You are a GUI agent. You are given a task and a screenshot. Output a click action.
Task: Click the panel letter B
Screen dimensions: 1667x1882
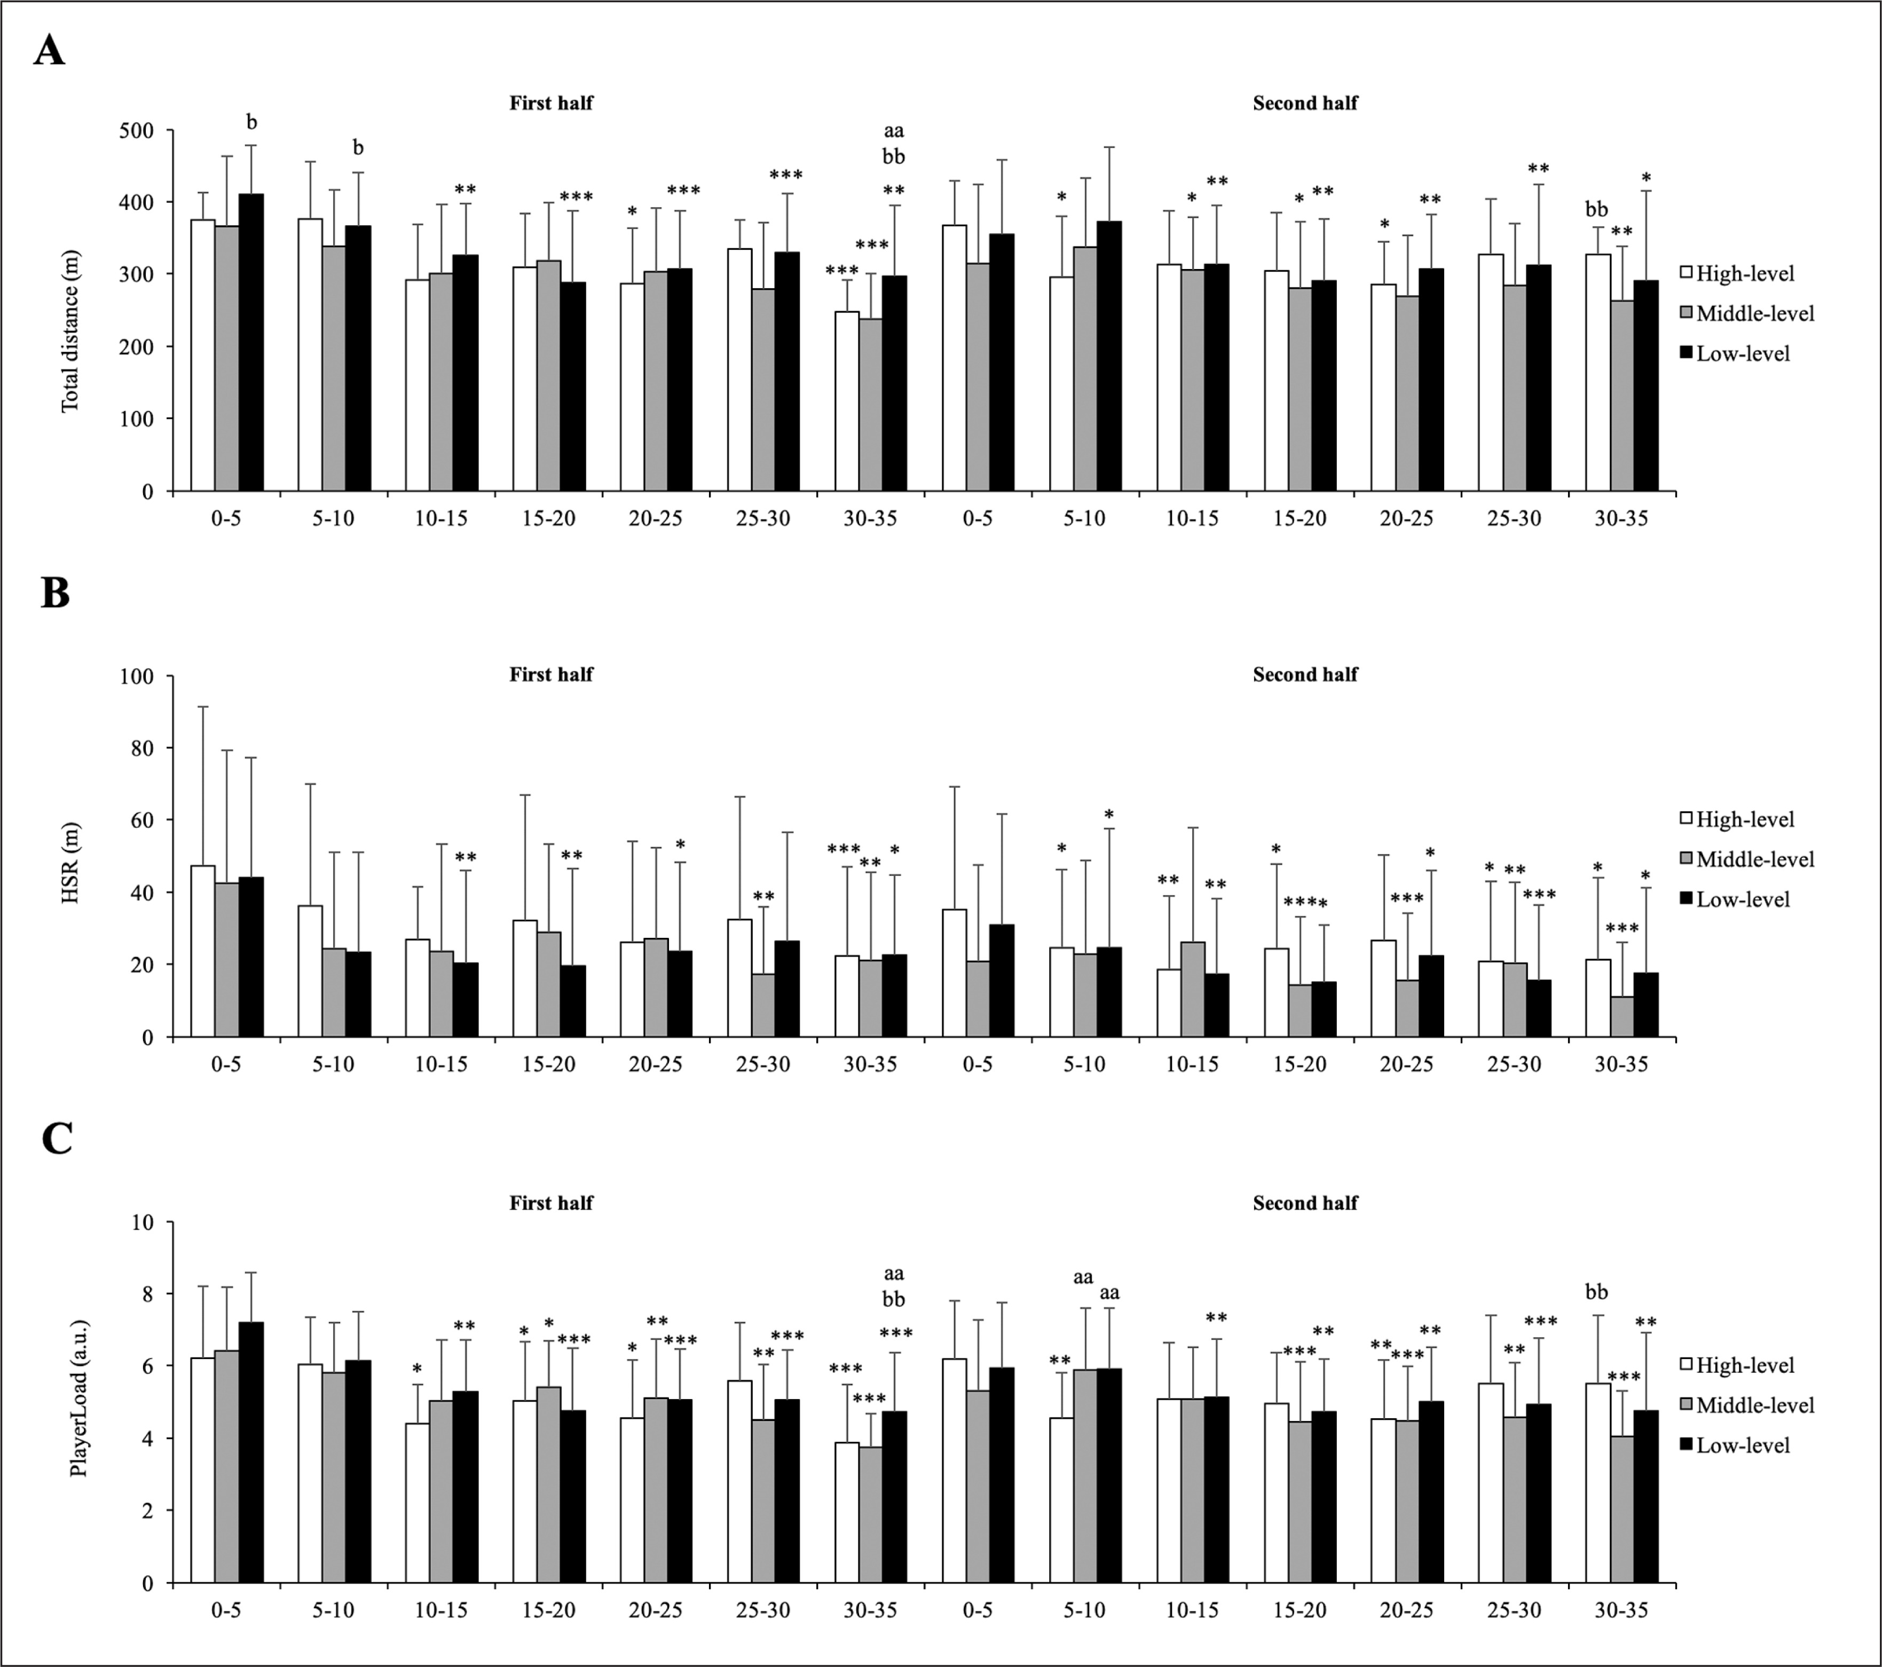point(55,594)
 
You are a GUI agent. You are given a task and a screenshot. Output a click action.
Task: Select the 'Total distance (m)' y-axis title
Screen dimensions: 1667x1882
point(70,331)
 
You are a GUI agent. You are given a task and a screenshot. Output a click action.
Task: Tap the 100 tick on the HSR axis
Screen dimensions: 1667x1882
point(136,676)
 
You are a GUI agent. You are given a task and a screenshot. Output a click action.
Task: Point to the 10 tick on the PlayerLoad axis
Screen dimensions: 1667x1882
point(143,1222)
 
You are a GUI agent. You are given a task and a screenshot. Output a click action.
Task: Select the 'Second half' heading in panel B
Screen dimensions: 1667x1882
point(1305,675)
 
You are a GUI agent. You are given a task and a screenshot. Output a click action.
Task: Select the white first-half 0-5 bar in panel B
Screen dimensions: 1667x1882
point(202,951)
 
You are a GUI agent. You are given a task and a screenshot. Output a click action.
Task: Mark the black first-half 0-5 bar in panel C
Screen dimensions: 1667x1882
point(250,1452)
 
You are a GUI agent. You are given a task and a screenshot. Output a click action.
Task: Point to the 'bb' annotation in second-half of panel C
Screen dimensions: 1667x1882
point(1596,1292)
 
